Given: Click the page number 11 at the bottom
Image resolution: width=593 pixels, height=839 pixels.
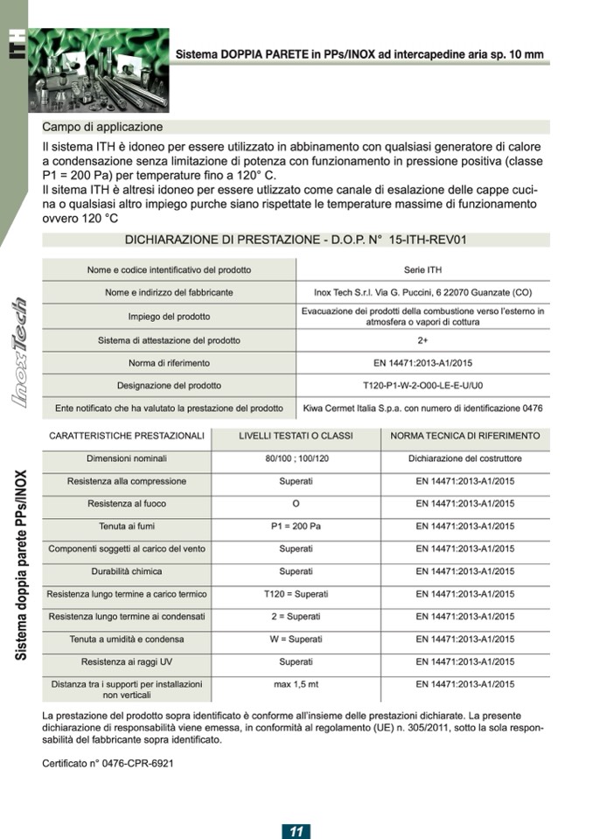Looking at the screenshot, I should [x=296, y=830].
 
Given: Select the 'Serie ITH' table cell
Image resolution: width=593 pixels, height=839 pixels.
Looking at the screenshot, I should [x=422, y=269].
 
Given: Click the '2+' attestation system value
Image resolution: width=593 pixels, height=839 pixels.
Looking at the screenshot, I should [x=422, y=339].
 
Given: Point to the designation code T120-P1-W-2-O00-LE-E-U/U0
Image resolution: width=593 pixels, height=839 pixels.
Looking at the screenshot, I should [x=422, y=385].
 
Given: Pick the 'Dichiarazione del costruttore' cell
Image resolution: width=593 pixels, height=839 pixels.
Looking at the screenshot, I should [x=464, y=458].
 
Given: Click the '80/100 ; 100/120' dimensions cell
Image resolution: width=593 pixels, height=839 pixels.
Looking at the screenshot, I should [x=296, y=458].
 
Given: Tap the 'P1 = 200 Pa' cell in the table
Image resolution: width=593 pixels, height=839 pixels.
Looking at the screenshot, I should [x=296, y=527].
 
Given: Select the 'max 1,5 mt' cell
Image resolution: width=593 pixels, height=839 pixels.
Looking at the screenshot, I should [x=296, y=684].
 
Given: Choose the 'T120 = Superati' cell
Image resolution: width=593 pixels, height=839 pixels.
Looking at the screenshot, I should [x=296, y=594].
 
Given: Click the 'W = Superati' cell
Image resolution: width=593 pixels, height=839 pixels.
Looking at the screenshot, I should [x=296, y=640].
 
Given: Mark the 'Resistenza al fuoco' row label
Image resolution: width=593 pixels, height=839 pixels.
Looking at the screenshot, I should [x=127, y=504].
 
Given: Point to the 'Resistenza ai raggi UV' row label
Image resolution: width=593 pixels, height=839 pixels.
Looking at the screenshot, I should [x=127, y=661].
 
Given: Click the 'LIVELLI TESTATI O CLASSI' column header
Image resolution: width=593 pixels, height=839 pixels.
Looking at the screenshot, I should [x=296, y=436].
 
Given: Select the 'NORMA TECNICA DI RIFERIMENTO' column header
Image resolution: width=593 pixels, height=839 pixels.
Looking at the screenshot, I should [x=464, y=436].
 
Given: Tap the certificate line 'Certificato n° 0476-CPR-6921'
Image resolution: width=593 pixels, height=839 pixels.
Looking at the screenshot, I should [x=108, y=763].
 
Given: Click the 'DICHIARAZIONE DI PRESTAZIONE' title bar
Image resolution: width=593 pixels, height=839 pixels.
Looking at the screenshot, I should [x=296, y=240].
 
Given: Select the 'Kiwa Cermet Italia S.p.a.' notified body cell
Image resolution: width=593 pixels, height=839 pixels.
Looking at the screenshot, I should [x=422, y=408].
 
